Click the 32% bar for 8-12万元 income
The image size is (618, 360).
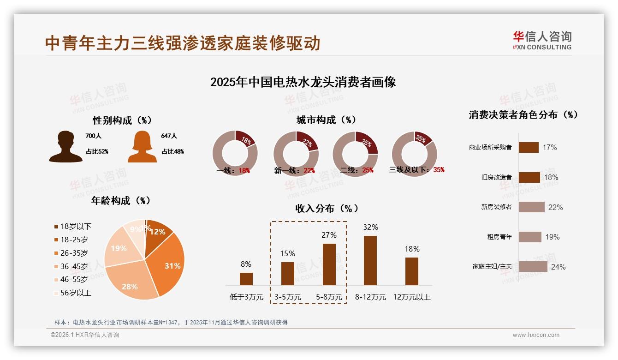point(370,260)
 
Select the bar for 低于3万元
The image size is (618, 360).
point(246,279)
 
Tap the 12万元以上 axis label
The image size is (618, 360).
point(412,297)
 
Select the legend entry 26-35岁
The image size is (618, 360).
point(74,253)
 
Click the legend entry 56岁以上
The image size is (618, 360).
point(76,293)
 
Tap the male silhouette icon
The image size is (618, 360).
point(65,147)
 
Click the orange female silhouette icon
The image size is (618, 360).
point(142,147)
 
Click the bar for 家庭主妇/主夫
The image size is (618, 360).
point(533,267)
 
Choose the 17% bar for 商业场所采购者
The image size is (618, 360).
point(529,147)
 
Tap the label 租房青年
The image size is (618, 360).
point(499,237)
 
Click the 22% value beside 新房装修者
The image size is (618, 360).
point(555,207)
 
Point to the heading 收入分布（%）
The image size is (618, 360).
point(327,208)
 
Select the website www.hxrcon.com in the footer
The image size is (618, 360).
point(536,335)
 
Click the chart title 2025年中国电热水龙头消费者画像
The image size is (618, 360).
point(303,82)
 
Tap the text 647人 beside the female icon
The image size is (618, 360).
point(169,136)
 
